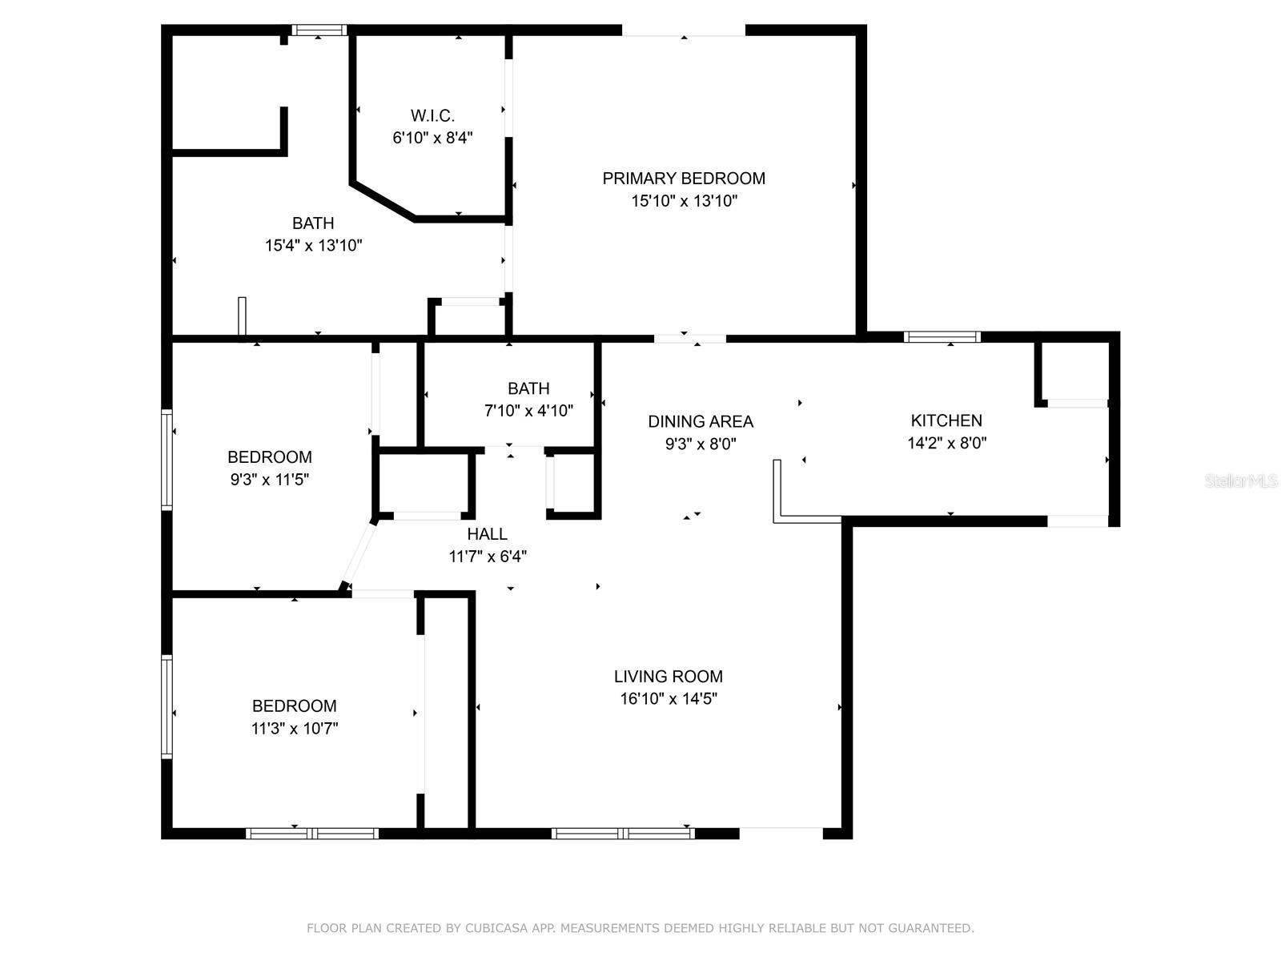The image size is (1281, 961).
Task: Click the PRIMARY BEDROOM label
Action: pos(684,179)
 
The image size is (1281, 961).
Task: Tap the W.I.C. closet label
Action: pos(432,115)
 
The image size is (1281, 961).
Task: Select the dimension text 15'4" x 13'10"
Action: pos(313,246)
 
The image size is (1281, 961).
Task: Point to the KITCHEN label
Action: pos(946,420)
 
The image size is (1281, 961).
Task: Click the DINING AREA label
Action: pos(701,422)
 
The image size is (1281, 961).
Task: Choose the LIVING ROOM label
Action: pos(669,677)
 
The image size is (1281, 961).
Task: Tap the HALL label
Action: pos(488,534)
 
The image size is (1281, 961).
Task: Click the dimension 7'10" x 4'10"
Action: pos(528,411)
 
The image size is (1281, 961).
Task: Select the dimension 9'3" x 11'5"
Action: pos(270,480)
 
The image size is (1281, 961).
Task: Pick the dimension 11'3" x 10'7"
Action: pos(295,729)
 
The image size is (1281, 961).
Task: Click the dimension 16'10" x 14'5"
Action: pos(669,699)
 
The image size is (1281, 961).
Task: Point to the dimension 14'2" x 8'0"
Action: pos(946,444)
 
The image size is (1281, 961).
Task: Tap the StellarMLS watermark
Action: pos(1241,481)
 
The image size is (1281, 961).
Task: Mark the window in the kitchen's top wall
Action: pos(942,336)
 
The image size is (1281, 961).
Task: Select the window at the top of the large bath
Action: pos(319,30)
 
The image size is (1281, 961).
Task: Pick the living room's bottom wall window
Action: pos(623,833)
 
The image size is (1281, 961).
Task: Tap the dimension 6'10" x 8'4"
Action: pos(432,139)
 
